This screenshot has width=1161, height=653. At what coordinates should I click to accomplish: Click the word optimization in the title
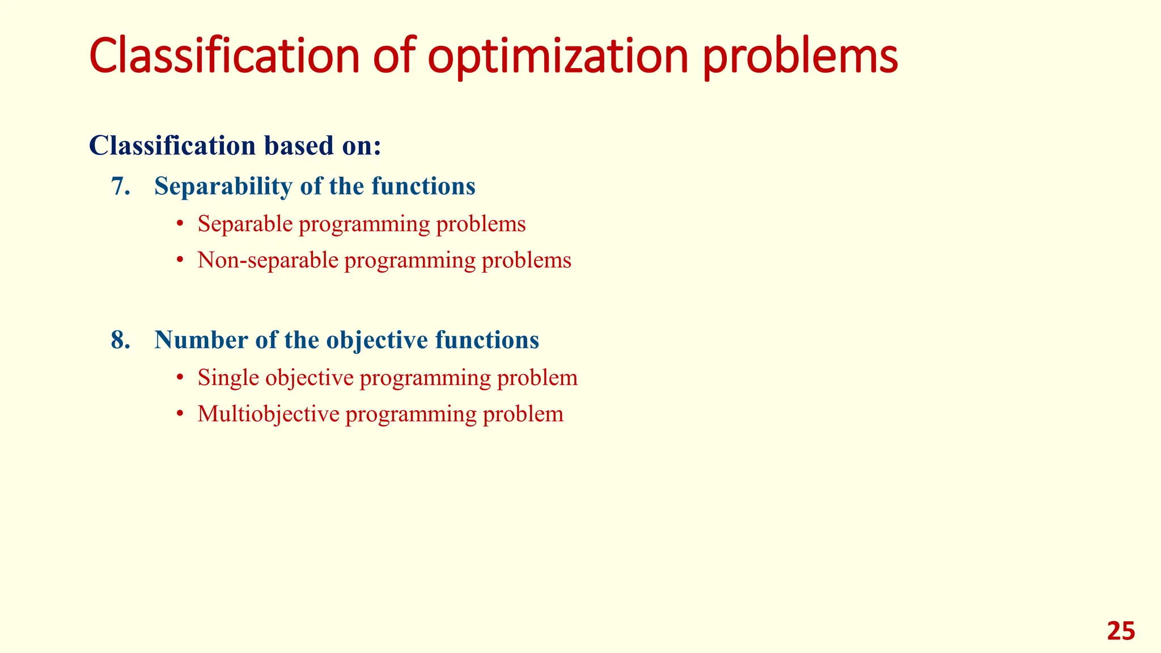coord(558,57)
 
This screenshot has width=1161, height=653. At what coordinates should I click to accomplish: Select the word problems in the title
coord(800,57)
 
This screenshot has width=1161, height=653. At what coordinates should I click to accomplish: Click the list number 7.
coord(120,186)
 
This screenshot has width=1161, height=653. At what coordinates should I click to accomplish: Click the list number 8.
coord(120,340)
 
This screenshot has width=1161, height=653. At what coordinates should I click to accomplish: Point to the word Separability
coord(223,186)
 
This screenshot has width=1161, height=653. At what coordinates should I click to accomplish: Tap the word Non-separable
coord(268,260)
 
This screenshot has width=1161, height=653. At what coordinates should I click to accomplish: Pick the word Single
coord(228,378)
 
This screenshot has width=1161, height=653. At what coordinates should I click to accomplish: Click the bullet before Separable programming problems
coord(180,224)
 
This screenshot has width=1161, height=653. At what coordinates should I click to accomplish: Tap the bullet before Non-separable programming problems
coord(180,261)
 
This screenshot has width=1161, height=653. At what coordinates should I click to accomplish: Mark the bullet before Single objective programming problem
coord(180,378)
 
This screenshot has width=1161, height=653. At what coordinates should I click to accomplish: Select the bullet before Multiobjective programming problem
coord(180,414)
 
